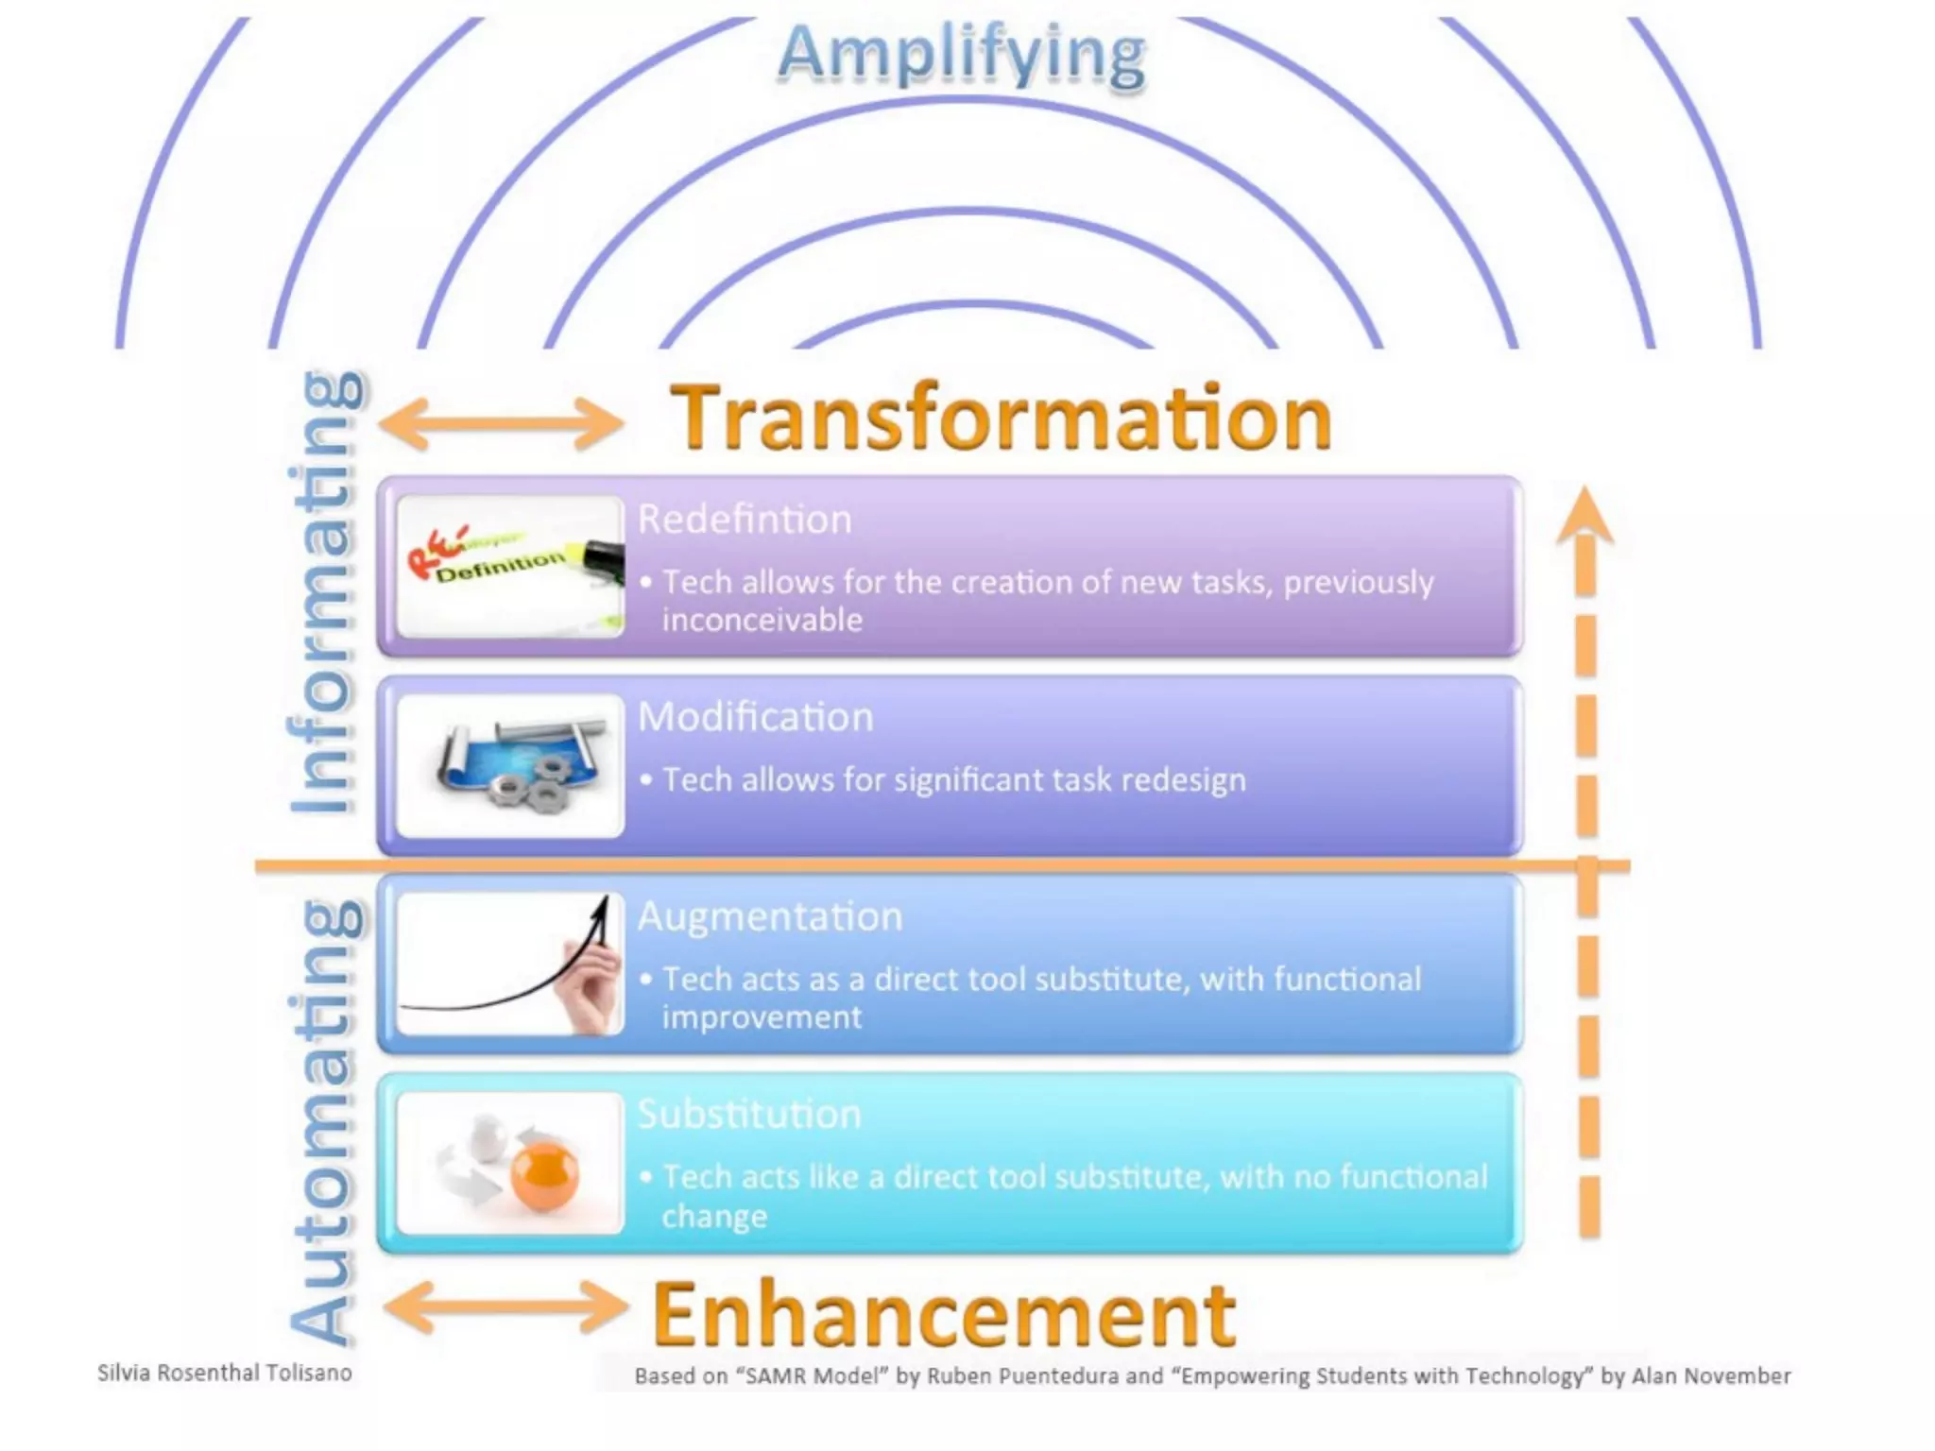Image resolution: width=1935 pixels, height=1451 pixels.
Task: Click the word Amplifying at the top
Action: (962, 55)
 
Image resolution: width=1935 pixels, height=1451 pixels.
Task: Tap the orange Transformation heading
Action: (1002, 418)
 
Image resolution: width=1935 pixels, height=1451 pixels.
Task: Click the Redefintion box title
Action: (745, 520)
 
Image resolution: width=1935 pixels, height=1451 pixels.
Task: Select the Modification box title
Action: (755, 717)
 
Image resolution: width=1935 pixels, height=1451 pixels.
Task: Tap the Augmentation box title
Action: (770, 916)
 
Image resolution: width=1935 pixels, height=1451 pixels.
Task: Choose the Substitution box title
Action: (749, 1115)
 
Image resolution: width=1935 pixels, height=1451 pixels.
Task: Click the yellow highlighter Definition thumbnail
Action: (510, 567)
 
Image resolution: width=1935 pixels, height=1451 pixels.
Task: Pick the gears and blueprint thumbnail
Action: (510, 766)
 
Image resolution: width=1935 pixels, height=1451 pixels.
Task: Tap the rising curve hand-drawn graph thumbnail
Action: (510, 964)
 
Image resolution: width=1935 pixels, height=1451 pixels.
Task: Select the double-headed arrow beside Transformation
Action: (502, 422)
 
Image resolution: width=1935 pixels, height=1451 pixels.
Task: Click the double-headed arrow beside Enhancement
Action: (506, 1307)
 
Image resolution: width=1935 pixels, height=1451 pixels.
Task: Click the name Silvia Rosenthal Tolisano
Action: (225, 1373)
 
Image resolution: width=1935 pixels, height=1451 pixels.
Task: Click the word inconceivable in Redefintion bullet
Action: (762, 621)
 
